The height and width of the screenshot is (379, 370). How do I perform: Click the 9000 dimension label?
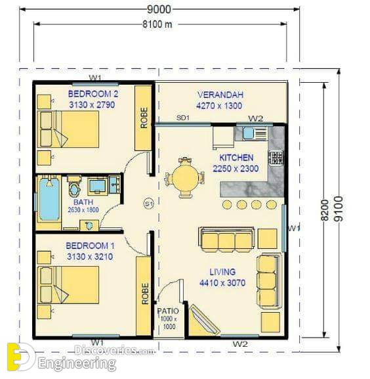(159, 9)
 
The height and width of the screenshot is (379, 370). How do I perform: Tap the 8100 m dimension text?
(157, 24)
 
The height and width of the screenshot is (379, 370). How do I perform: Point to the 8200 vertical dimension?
(325, 210)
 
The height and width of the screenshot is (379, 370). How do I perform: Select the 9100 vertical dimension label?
(339, 209)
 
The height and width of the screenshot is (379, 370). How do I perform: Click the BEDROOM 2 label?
(93, 94)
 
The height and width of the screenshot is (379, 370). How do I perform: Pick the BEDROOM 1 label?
(91, 246)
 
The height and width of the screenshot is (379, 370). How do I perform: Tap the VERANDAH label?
(220, 95)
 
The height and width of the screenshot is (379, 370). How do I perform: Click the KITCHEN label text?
(236, 158)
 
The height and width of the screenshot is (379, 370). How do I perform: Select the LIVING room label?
(222, 272)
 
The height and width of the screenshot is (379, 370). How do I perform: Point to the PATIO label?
(168, 311)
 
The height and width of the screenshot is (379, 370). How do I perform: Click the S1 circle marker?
(149, 204)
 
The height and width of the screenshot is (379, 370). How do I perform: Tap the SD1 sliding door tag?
(183, 118)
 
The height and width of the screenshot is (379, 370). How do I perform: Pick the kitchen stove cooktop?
(276, 158)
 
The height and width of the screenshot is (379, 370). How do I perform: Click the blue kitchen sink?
(248, 133)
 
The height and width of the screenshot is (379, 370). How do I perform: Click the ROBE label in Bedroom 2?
(144, 118)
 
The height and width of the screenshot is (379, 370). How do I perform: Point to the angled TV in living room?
(204, 319)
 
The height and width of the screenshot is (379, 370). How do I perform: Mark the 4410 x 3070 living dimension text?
(222, 283)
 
